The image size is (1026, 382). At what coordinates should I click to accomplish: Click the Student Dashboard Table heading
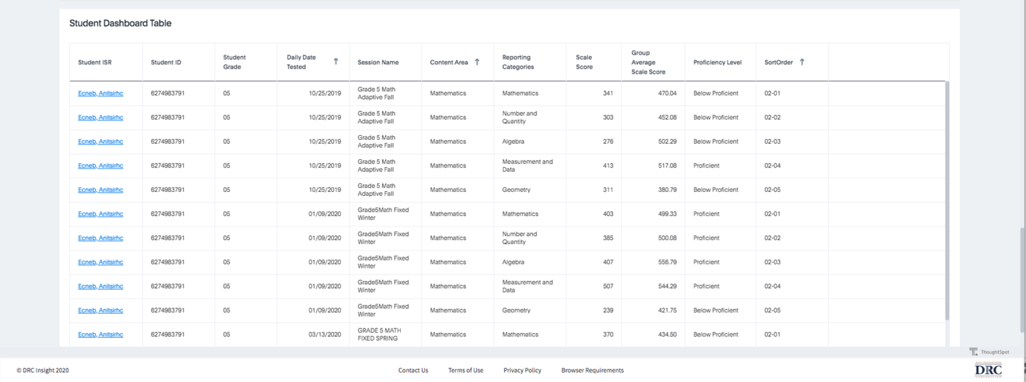pyautogui.click(x=120, y=23)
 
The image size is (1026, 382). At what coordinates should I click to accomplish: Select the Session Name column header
pyautogui.click(x=378, y=62)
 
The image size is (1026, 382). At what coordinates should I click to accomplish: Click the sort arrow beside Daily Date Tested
pyautogui.click(x=336, y=62)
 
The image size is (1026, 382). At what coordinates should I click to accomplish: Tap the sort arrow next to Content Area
pyautogui.click(x=477, y=62)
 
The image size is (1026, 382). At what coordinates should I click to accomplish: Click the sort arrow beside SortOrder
pyautogui.click(x=802, y=62)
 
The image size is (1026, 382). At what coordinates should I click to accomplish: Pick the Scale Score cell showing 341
pyautogui.click(x=607, y=94)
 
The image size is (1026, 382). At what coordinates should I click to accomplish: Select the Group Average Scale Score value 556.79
pyautogui.click(x=667, y=262)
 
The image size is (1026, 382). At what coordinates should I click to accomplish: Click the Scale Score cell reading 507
pyautogui.click(x=607, y=286)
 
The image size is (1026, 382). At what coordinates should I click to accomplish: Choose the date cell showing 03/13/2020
pyautogui.click(x=325, y=335)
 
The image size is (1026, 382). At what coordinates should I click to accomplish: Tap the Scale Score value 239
pyautogui.click(x=607, y=310)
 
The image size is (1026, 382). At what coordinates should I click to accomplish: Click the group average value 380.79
pyautogui.click(x=667, y=190)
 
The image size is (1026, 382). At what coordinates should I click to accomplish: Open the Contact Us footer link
pyautogui.click(x=413, y=371)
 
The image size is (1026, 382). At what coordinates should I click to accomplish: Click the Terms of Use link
pyautogui.click(x=466, y=371)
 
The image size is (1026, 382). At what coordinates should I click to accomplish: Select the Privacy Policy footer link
pyautogui.click(x=522, y=371)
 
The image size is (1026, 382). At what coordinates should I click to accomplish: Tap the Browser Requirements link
pyautogui.click(x=592, y=371)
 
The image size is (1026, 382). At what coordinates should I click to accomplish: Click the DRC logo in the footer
pyautogui.click(x=989, y=370)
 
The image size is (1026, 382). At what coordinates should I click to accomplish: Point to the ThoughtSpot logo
pyautogui.click(x=989, y=352)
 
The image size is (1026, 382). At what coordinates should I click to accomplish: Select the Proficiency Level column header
pyautogui.click(x=717, y=62)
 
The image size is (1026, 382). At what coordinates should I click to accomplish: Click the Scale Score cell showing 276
pyautogui.click(x=607, y=142)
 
